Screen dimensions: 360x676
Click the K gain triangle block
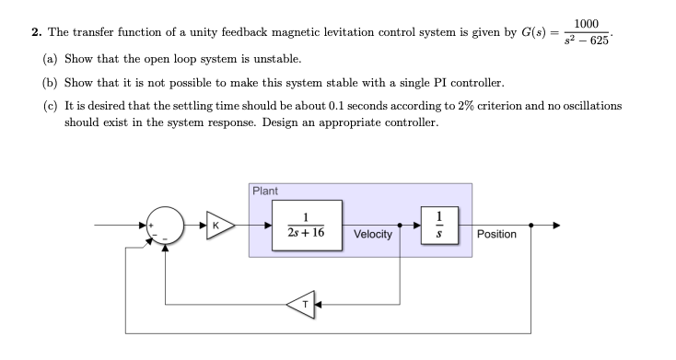click(x=216, y=225)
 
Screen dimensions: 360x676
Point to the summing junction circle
click(x=164, y=226)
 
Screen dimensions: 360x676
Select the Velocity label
click(x=373, y=235)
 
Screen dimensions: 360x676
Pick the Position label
click(x=496, y=235)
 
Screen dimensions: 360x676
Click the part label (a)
click(x=52, y=57)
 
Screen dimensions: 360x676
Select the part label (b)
click(x=52, y=82)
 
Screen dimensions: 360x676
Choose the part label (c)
click(x=52, y=106)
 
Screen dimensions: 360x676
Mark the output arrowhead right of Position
click(x=555, y=225)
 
